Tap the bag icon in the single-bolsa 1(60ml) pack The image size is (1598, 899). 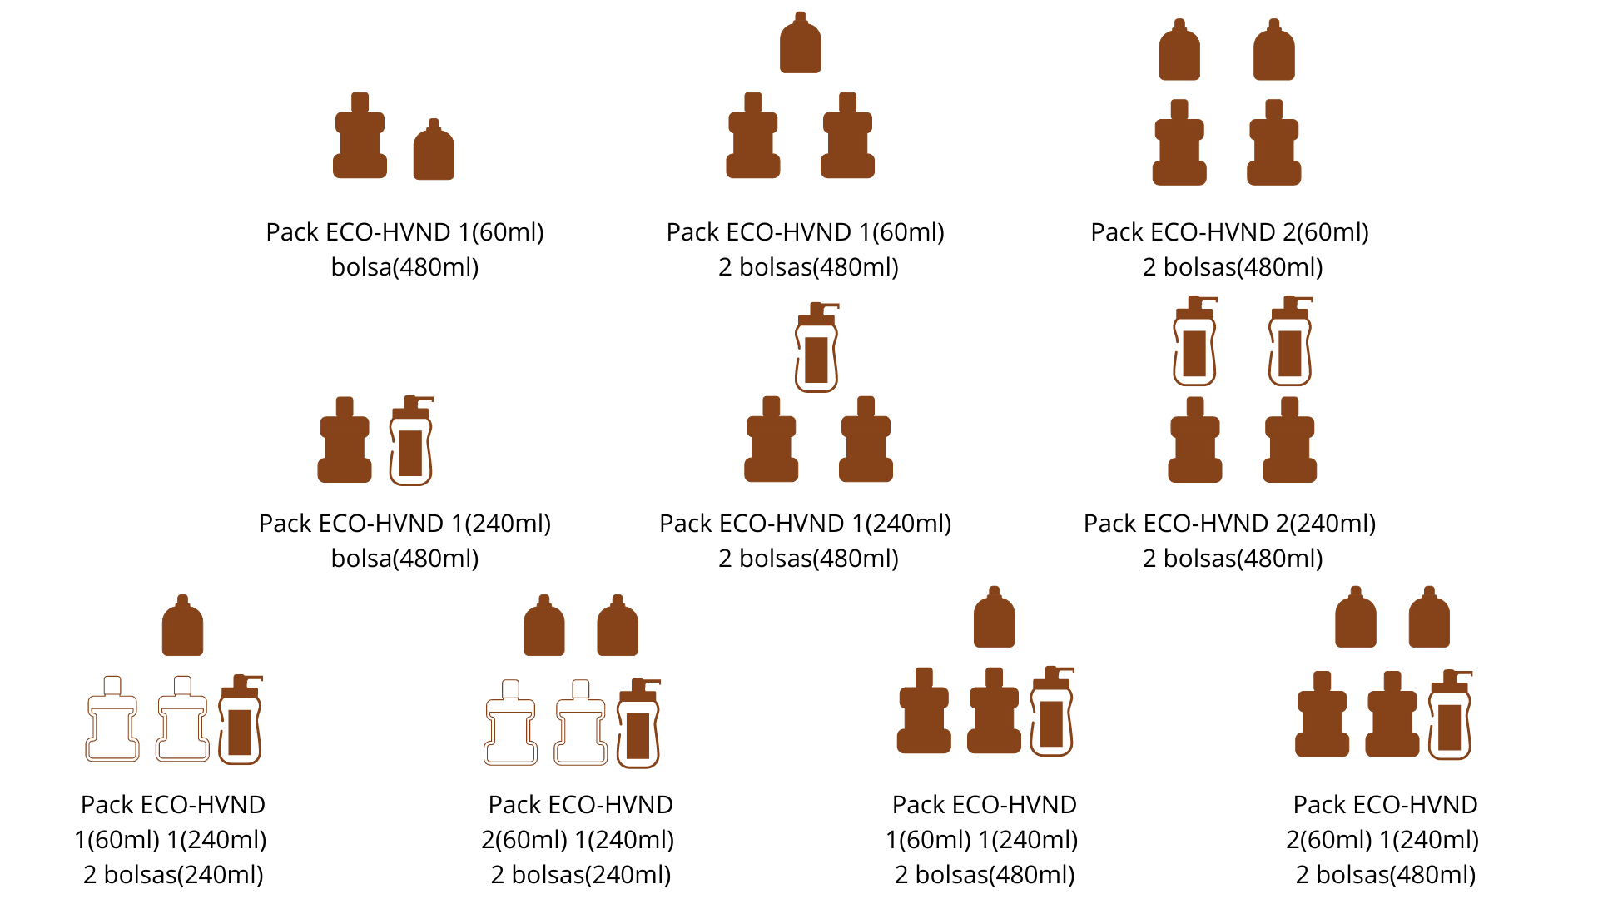coord(360,137)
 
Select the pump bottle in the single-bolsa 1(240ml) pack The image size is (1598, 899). coord(411,442)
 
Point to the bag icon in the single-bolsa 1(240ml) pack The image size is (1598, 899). coord(345,441)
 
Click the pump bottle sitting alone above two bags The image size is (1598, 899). coord(816,349)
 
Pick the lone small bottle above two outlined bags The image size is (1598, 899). coord(182,626)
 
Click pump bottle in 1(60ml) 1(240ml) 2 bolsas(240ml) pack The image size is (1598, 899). coord(241,721)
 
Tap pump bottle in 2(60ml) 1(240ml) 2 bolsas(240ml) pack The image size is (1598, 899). coord(638,725)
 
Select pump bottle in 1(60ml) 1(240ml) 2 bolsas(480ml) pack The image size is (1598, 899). coord(1052,713)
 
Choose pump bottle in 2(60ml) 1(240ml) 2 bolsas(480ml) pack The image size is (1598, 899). coord(1450,716)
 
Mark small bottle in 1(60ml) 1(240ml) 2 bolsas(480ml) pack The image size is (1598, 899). coord(994,618)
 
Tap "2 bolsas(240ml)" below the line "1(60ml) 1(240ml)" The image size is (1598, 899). coord(173,875)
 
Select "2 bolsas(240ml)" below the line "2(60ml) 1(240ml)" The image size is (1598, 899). coord(581,875)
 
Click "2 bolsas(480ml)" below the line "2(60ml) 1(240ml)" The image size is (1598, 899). coord(1386,875)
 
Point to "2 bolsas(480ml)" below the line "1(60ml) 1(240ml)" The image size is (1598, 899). coord(985,875)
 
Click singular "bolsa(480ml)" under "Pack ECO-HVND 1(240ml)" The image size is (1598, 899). coord(404,559)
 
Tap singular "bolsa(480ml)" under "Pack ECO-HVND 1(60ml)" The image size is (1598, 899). coord(404,267)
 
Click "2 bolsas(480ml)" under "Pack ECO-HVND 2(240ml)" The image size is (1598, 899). coord(1233,559)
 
